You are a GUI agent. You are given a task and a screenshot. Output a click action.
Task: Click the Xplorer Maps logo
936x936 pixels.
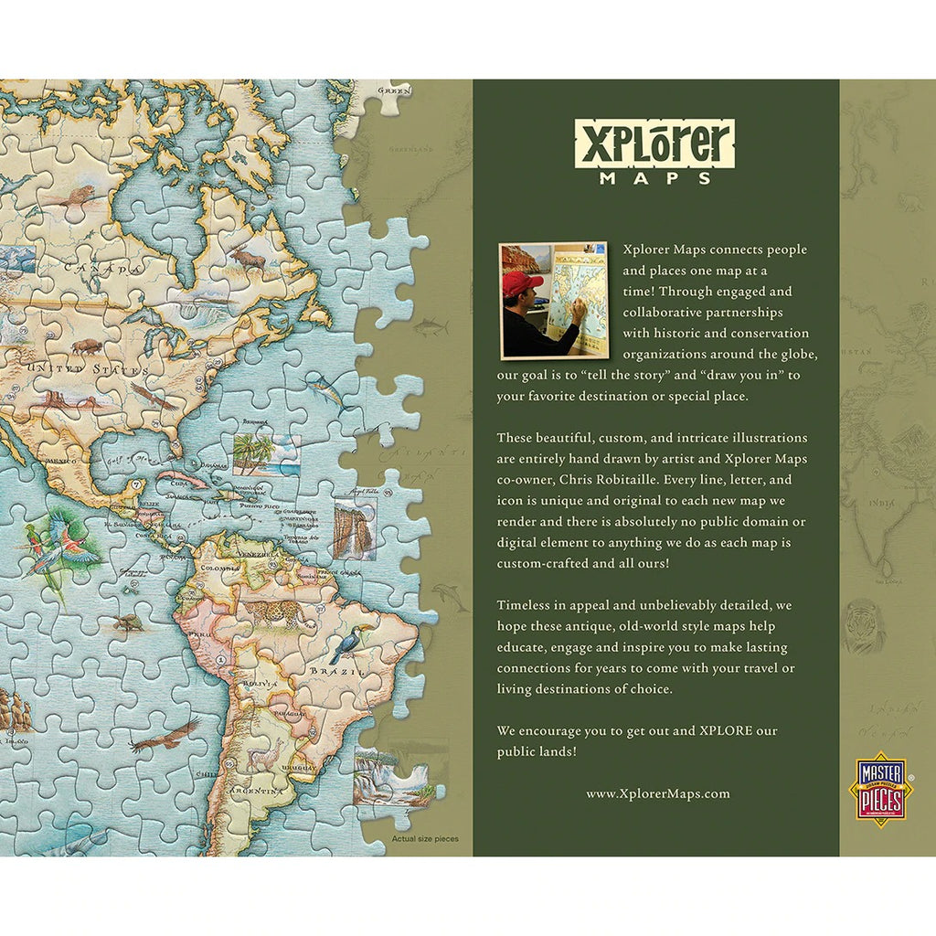click(654, 150)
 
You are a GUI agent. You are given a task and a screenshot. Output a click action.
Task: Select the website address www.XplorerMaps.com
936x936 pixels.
click(657, 793)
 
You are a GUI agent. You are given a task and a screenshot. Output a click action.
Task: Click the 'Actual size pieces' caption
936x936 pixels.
click(425, 838)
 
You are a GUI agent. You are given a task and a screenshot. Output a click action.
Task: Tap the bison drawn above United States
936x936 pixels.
click(88, 346)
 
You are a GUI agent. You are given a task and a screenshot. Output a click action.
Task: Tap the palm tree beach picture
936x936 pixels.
click(266, 454)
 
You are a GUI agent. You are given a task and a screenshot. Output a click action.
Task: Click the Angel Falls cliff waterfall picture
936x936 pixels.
click(354, 529)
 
